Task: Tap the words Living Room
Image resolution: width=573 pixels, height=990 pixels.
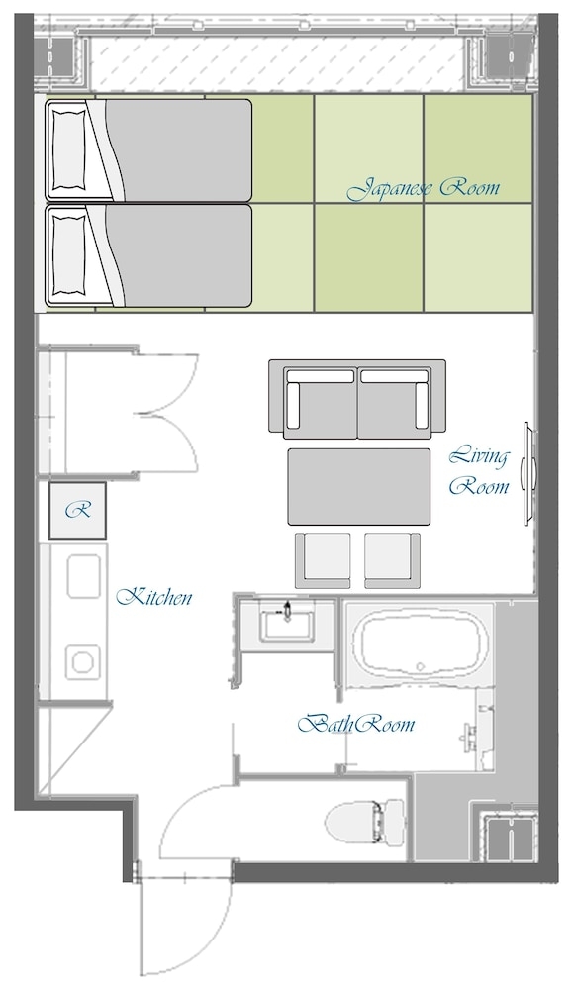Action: [x=478, y=471]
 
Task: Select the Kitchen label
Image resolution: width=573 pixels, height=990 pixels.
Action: [x=154, y=597]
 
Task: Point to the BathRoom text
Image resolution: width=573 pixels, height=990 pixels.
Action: [x=356, y=724]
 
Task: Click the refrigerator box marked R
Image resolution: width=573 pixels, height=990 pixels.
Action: [x=77, y=510]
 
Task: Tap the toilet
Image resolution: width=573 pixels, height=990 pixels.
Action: [x=365, y=821]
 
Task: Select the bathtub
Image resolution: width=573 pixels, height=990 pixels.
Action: [x=420, y=643]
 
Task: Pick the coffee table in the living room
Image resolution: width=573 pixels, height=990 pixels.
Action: [x=359, y=486]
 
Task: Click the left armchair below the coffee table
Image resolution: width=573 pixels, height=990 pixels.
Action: [x=323, y=560]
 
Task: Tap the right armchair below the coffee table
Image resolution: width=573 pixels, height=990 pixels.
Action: [x=393, y=560]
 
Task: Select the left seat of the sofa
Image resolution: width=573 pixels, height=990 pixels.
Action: [x=321, y=403]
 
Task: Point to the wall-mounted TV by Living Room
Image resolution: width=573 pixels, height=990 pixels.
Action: [x=528, y=473]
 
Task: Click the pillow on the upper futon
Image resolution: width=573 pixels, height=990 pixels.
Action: [x=68, y=150]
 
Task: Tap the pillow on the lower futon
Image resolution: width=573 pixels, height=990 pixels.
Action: [x=68, y=254]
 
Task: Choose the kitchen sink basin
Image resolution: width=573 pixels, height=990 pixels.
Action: [x=83, y=576]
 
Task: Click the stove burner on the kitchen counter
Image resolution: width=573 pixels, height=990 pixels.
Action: [x=83, y=663]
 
